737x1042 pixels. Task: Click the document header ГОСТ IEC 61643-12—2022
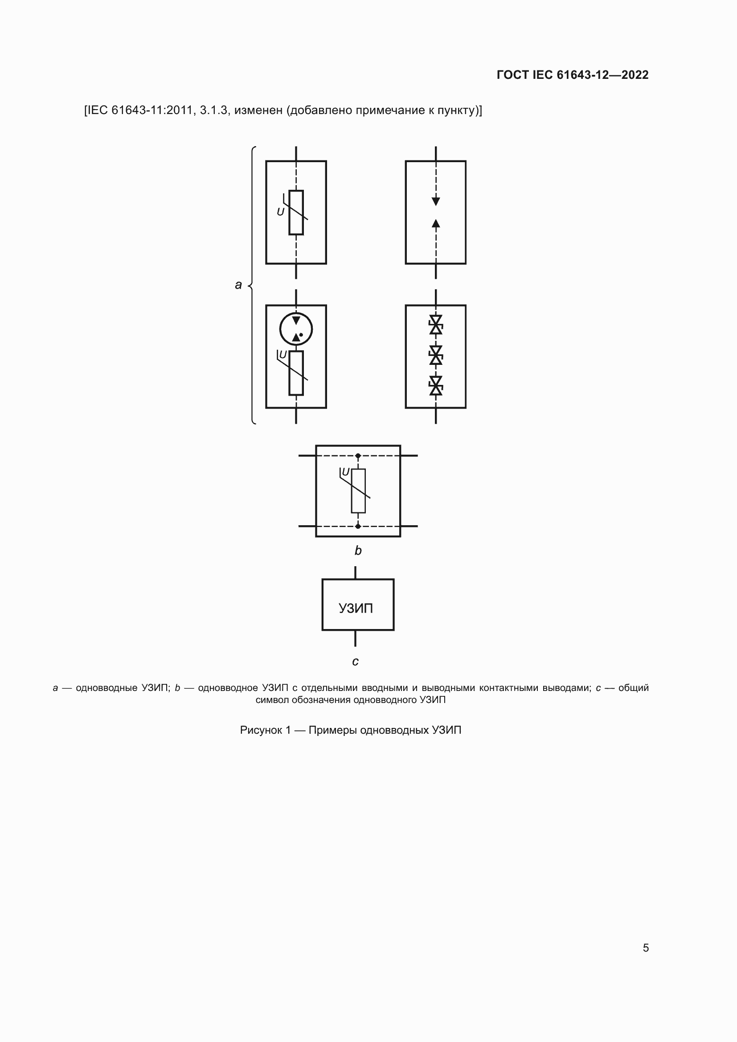click(x=572, y=75)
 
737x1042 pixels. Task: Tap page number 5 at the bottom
click(x=646, y=948)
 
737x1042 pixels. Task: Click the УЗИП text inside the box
click(x=356, y=608)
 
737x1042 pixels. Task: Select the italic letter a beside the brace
click(x=238, y=285)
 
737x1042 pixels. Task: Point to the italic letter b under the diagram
click(x=358, y=551)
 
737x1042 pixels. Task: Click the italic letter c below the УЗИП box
click(x=355, y=662)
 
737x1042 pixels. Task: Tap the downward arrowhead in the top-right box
click(x=436, y=201)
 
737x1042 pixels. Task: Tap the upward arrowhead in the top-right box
click(x=436, y=223)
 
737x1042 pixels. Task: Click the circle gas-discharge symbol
click(x=296, y=329)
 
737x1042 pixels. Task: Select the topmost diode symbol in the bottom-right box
click(x=436, y=325)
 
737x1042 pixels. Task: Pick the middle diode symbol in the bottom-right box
click(x=436, y=356)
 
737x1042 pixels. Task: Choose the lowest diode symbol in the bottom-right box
click(x=436, y=386)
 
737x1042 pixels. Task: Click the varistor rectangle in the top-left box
click(x=296, y=212)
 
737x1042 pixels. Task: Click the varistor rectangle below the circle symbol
click(x=296, y=372)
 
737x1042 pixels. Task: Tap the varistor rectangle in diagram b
click(x=358, y=490)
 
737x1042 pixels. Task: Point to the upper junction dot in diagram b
click(x=358, y=456)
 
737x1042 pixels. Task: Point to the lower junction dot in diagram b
click(x=358, y=527)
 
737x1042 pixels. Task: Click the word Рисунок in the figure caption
click(x=261, y=730)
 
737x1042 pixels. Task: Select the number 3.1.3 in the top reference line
click(x=213, y=110)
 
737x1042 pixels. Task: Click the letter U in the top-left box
click(x=280, y=212)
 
